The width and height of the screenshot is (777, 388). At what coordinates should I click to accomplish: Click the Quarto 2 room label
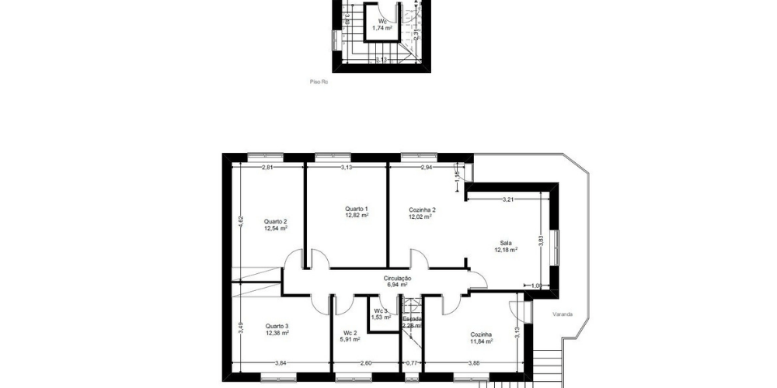275,221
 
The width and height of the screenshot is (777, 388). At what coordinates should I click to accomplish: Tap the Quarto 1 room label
356,209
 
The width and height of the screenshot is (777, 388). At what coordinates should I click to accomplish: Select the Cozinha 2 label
422,210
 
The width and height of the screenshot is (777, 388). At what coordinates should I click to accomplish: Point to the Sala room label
506,243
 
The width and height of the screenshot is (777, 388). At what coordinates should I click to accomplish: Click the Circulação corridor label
397,278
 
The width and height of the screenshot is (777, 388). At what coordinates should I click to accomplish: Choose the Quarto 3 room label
277,326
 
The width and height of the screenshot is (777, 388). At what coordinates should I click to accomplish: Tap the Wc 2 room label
349,332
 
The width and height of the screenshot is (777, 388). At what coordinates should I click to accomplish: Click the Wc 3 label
380,311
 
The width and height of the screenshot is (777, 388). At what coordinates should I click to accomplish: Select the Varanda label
563,314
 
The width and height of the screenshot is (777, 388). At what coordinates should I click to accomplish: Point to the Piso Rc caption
318,81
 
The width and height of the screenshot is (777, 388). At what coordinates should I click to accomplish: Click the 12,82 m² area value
356,216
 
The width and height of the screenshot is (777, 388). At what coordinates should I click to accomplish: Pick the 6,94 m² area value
397,285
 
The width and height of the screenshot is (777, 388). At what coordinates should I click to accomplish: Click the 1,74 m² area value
382,28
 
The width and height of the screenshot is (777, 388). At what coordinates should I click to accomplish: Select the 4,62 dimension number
241,220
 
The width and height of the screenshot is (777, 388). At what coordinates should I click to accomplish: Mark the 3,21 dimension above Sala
508,199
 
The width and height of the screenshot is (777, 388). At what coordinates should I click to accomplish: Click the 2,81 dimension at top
267,168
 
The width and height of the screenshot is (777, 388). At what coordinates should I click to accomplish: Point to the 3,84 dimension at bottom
280,363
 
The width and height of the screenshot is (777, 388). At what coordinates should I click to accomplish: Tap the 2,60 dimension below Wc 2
366,363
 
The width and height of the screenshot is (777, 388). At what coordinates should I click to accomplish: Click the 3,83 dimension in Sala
542,241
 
